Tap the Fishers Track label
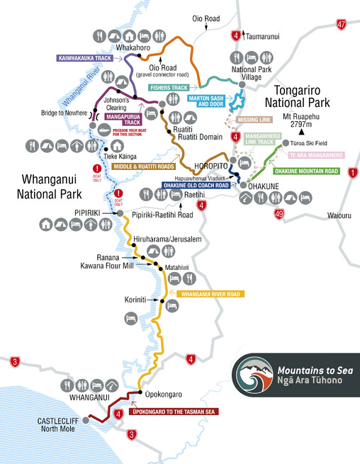[167, 88]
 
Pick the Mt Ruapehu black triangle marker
[301, 131]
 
